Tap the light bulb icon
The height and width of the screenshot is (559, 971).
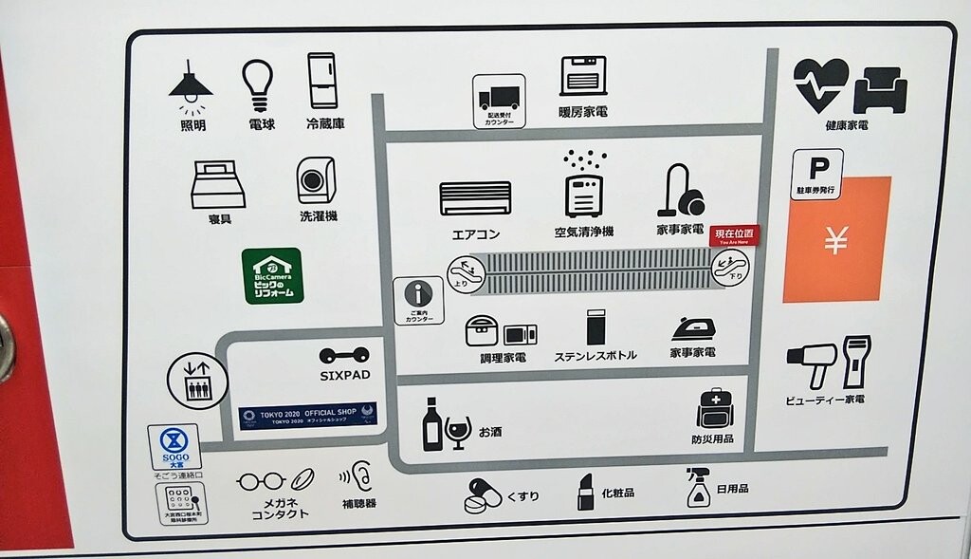(x=257, y=85)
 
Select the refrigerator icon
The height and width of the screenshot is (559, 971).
(x=322, y=81)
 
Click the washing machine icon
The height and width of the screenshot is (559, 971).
(x=317, y=180)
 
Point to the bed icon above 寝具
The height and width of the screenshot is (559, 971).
(x=218, y=184)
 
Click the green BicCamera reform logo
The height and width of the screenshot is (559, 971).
(x=273, y=275)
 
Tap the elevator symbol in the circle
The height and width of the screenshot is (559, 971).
(x=198, y=381)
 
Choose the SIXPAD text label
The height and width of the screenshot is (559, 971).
(x=344, y=376)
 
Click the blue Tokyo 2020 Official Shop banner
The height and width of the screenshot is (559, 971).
(x=307, y=415)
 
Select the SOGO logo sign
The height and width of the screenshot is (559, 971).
(x=174, y=444)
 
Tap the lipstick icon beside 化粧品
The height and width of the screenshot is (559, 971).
(x=586, y=493)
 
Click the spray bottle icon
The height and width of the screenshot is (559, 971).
(x=699, y=488)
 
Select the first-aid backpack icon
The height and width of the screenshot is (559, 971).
(x=714, y=409)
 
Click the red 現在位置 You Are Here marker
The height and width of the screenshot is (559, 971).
(x=735, y=234)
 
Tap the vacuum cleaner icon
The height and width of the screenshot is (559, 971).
(x=683, y=190)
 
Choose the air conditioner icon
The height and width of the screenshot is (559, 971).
(x=475, y=198)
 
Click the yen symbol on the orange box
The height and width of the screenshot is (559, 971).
(x=835, y=242)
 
